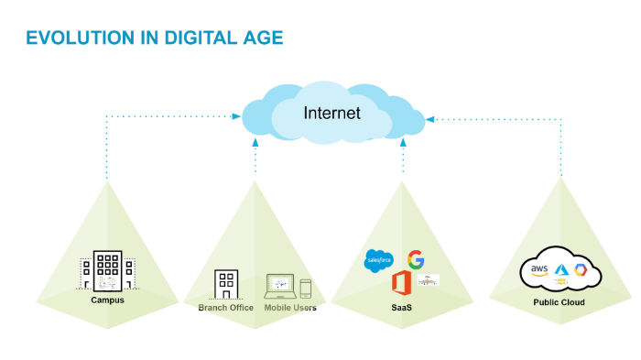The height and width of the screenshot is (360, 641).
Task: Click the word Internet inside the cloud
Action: coord(332,114)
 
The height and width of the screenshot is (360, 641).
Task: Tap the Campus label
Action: coord(107,300)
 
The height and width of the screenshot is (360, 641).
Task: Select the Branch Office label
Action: coord(225,308)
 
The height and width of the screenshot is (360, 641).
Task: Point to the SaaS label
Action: coord(401,308)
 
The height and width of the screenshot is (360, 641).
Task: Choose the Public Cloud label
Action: coord(559,302)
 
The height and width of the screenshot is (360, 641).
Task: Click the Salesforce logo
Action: coord(378,259)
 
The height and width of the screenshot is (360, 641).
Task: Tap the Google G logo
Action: coord(416,258)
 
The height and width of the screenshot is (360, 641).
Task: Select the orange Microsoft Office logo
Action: coord(400,282)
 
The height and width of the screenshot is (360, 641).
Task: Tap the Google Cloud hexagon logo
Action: coord(581,271)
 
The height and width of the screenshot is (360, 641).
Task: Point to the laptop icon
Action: coord(280,286)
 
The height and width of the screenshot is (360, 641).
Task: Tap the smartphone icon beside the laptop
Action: coord(306,289)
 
